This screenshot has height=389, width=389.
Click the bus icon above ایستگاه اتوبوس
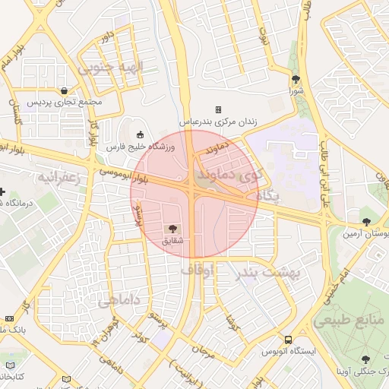288,340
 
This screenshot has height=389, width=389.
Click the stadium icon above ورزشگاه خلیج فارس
139,134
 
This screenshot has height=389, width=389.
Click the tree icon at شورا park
296,79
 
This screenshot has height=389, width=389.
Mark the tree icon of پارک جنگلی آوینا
368,359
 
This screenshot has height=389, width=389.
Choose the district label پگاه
267,196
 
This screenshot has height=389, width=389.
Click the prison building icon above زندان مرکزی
218,109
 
